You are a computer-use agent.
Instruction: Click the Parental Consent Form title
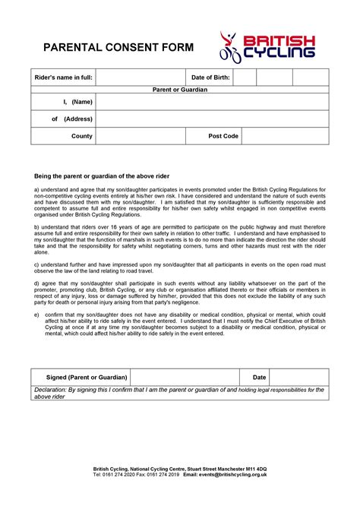[x=118, y=48]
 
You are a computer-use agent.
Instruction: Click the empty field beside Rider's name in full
[x=141, y=77]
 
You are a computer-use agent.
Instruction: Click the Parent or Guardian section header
[x=180, y=90]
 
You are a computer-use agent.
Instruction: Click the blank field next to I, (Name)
[x=212, y=102]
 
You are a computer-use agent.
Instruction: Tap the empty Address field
[x=212, y=119]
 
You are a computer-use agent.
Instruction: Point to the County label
[x=82, y=137]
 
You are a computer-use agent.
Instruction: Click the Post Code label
[x=223, y=137]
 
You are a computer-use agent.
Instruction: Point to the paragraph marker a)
[x=36, y=190]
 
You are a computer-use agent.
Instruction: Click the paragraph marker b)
[x=36, y=227]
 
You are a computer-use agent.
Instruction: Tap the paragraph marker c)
[x=36, y=264]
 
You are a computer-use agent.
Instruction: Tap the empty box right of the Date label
[x=299, y=377]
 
